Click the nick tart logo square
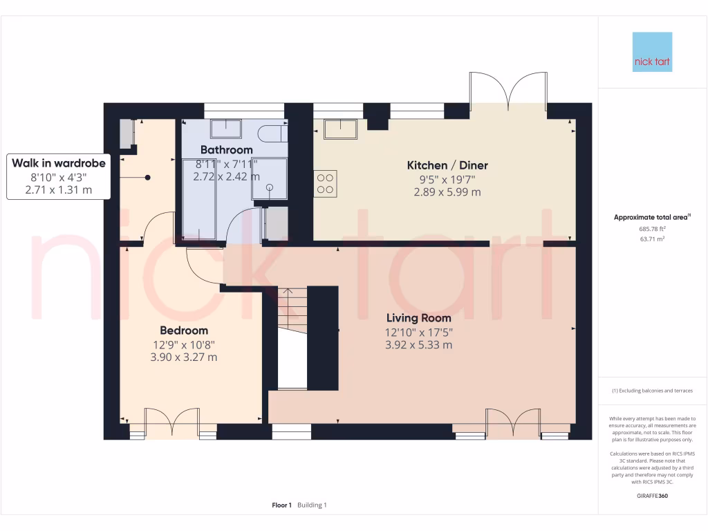coord(653,52)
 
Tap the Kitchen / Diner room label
coord(447,165)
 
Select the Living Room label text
coord(418,318)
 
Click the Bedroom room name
coord(184,330)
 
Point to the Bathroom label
coord(226,149)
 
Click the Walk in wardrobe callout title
coord(59,163)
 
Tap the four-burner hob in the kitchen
coord(326,183)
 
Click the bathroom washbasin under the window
coord(225,129)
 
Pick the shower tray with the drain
coord(269,180)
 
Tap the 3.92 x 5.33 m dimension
coord(418,345)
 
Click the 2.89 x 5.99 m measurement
coord(447,192)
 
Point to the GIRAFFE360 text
coord(653,496)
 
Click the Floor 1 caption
coord(282,505)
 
